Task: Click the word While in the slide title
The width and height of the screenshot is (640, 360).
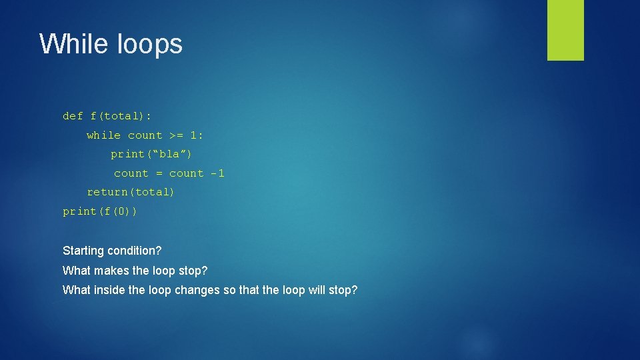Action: point(73,44)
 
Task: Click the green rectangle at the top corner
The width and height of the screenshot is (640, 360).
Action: point(565,30)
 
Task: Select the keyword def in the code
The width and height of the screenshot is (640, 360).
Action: point(73,116)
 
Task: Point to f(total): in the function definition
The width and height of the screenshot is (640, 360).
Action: point(121,116)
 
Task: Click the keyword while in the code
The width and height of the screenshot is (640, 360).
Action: point(103,135)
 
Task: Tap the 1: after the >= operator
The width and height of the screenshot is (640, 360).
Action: point(197,135)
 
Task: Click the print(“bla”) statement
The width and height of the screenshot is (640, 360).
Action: point(151,154)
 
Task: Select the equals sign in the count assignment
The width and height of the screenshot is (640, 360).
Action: point(159,173)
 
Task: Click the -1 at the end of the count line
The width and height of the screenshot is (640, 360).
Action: point(217,173)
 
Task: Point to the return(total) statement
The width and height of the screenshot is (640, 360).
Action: point(131,192)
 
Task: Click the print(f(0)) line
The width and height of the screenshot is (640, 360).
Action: point(100,211)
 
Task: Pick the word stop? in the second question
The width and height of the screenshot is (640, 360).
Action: point(193,271)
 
